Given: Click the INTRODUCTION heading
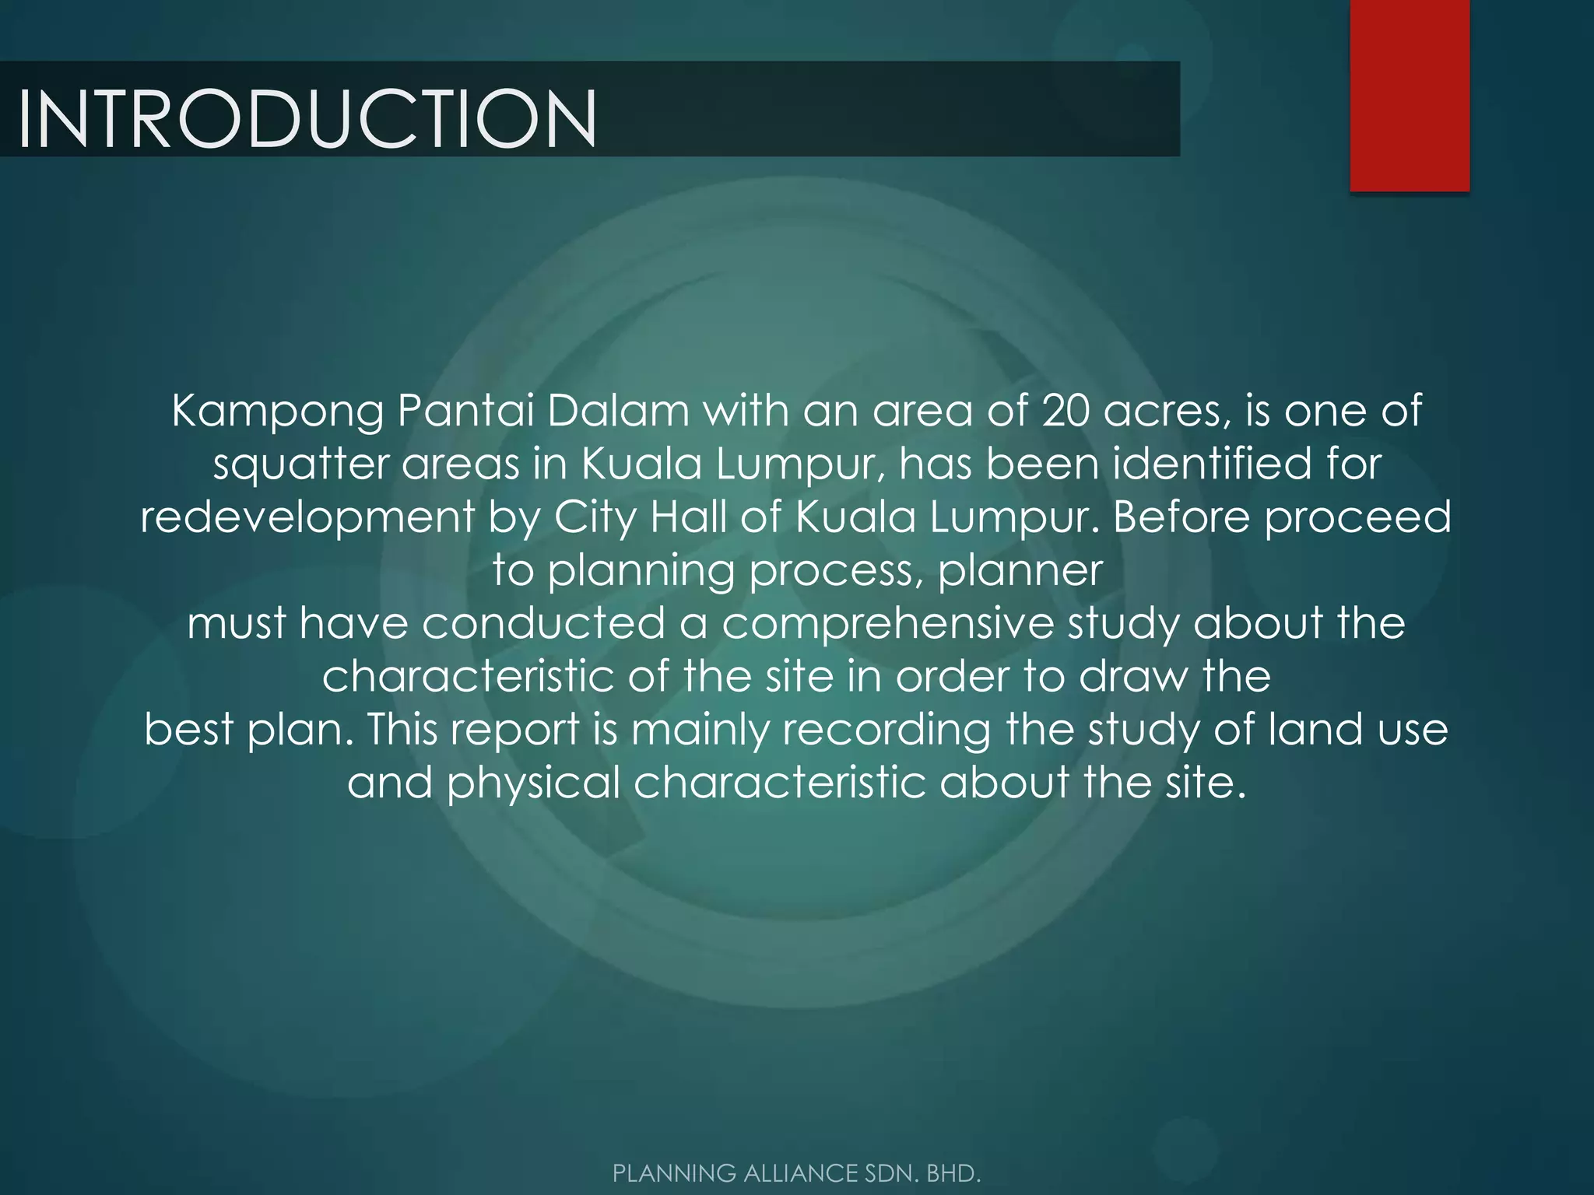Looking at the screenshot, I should (x=307, y=118).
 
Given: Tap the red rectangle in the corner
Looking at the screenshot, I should (x=1410, y=95).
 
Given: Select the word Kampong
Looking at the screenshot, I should (x=277, y=411).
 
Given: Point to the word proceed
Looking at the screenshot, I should (x=1357, y=517).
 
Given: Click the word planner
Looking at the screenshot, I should (x=1020, y=571).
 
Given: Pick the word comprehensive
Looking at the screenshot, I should (x=887, y=624).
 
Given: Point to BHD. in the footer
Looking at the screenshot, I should (x=953, y=1173).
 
